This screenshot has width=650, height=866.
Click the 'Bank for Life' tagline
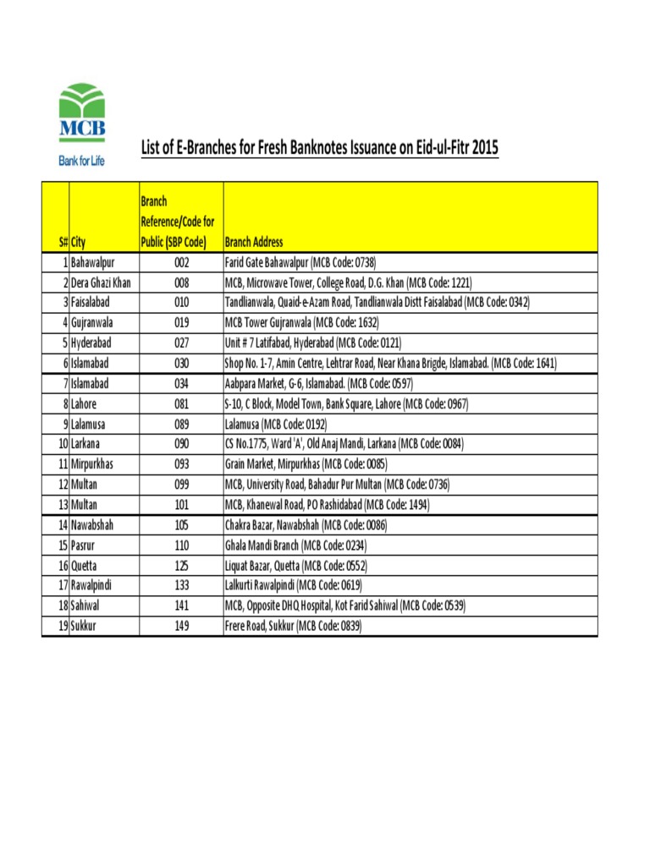tap(81, 160)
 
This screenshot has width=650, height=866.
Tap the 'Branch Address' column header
tap(254, 242)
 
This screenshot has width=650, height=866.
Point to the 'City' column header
tap(79, 242)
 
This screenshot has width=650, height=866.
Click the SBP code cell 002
tap(181, 262)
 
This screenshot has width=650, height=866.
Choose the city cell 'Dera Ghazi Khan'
tap(101, 282)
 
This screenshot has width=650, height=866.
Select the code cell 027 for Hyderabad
tap(181, 343)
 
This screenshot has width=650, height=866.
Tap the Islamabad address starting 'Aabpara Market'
tap(318, 384)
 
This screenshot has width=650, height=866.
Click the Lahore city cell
tap(84, 404)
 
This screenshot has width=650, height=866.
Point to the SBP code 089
tap(181, 424)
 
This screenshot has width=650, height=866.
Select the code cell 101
tap(181, 505)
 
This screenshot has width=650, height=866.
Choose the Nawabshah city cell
tap(92, 525)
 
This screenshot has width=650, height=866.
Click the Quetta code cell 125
tap(181, 566)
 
